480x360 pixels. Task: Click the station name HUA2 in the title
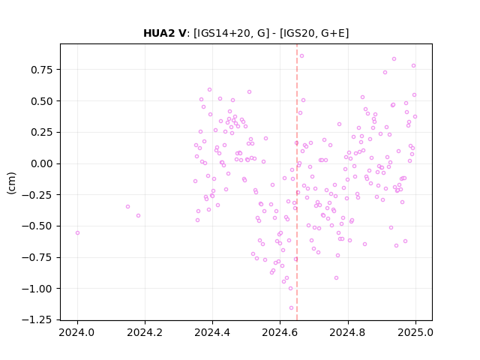[158, 33]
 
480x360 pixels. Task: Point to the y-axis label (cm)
[11, 183]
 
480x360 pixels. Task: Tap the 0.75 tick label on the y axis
[42, 70]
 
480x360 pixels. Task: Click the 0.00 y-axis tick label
[42, 163]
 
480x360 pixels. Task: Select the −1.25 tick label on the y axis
[37, 320]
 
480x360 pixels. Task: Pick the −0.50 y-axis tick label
[37, 226]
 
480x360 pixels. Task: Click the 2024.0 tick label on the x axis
[77, 332]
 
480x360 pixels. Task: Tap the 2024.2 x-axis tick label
[145, 332]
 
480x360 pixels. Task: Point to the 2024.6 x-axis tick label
[280, 332]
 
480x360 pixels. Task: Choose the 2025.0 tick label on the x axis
[415, 332]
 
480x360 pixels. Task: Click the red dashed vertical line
[297, 182]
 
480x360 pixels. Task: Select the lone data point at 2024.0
[77, 233]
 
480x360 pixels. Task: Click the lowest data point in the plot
[291, 308]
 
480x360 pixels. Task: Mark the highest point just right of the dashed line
[301, 56]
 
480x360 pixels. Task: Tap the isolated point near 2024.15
[128, 207]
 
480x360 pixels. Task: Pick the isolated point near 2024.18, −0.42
[138, 216]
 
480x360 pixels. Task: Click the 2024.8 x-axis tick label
[347, 332]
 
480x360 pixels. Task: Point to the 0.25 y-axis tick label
[42, 132]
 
